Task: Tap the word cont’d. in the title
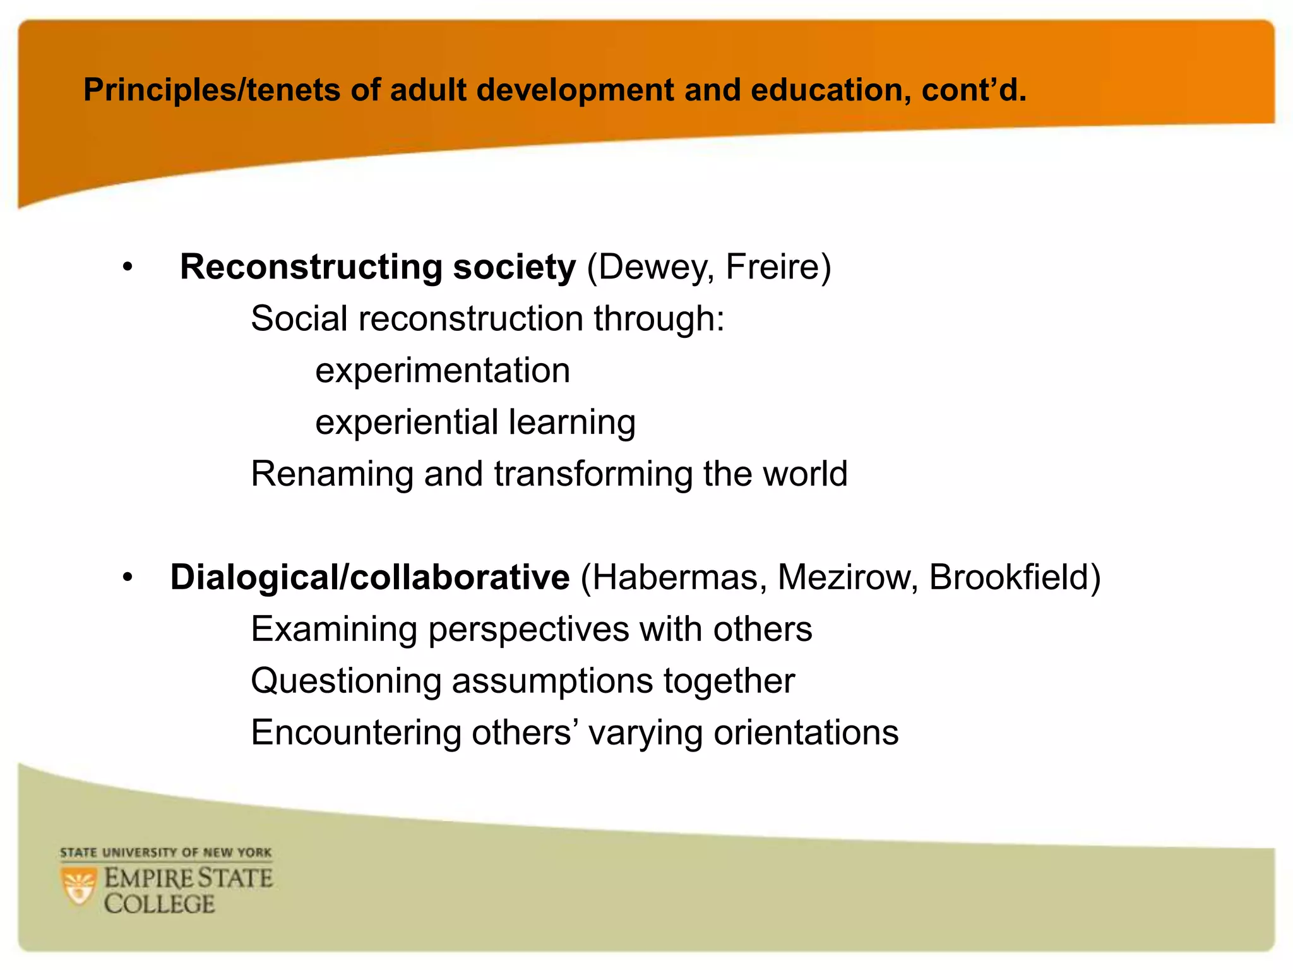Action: tap(974, 90)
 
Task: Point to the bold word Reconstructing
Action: tap(311, 267)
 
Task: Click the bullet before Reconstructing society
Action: tap(128, 268)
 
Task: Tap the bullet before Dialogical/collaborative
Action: tap(128, 578)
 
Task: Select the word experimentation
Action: tap(443, 371)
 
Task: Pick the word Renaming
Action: tap(332, 474)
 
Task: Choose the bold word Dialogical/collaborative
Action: tap(370, 578)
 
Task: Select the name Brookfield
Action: tap(1010, 578)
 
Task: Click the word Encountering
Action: tap(356, 733)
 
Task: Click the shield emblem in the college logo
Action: tap(79, 887)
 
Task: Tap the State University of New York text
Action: tap(166, 853)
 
